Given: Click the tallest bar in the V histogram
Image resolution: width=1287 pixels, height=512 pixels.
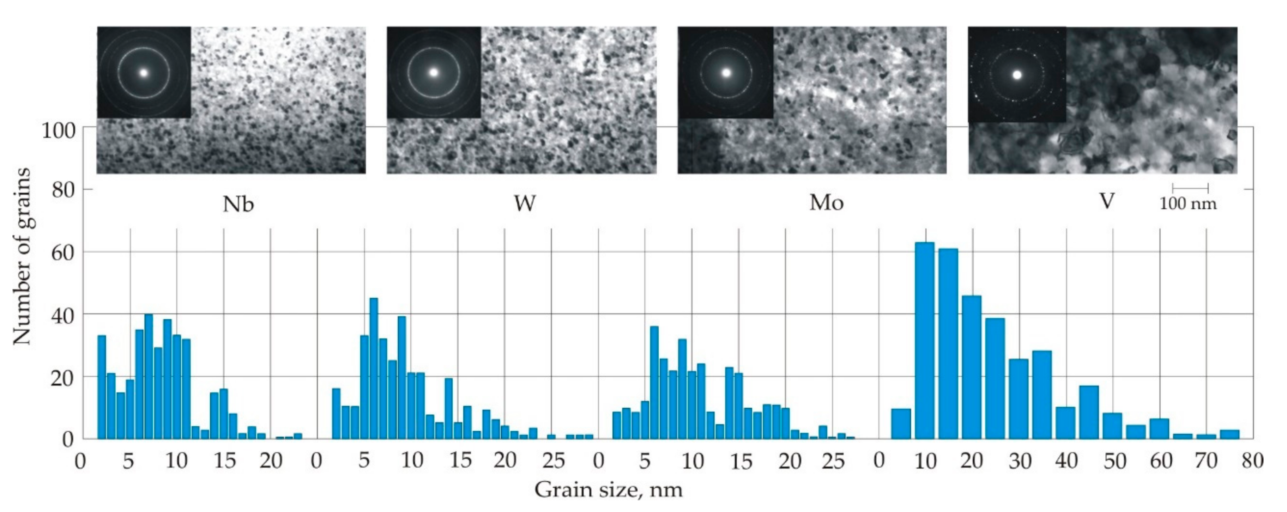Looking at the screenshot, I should pos(924,340).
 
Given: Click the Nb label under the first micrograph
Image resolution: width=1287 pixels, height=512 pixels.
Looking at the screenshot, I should pos(238,204).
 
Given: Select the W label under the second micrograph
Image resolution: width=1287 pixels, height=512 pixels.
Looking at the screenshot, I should pos(525,203).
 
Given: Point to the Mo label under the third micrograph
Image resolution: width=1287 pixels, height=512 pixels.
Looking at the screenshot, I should pos(826,203).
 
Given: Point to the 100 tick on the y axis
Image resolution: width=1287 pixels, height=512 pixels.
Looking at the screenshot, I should pos(58,131).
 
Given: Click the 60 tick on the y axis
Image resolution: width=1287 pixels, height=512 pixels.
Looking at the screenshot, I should pos(63,252).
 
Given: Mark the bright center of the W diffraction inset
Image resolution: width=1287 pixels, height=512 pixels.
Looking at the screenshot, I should pos(434,72).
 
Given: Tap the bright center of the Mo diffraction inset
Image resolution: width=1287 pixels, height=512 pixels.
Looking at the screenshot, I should pos(726,73).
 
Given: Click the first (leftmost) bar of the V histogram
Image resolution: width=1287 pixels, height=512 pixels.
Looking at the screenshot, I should pos(901,423).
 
